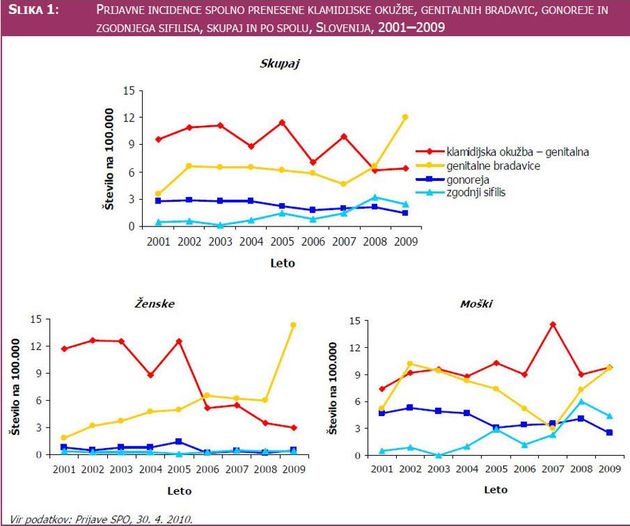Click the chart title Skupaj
(279, 64)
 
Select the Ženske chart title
(154, 304)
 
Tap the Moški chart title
(477, 304)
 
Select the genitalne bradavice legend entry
(489, 166)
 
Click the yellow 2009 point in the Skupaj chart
(405, 117)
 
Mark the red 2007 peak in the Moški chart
(553, 325)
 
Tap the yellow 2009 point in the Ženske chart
(293, 325)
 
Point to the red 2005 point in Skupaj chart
(282, 123)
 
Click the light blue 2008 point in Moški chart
(582, 401)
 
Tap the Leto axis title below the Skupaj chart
(281, 263)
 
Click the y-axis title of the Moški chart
(333, 389)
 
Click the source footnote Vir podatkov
(101, 519)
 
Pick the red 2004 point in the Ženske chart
(151, 375)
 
